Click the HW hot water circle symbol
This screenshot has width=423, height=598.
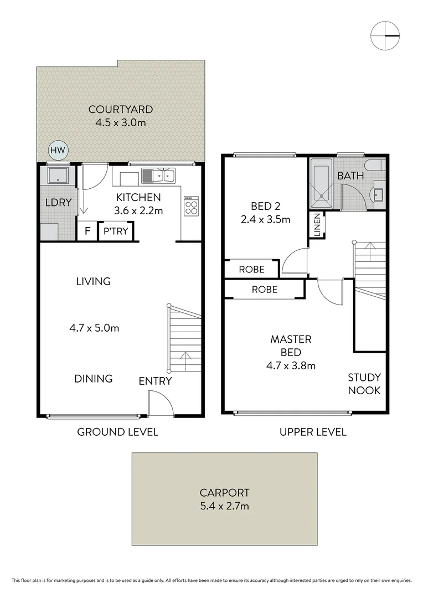pyautogui.click(x=56, y=150)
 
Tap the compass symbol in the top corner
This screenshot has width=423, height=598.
pyautogui.click(x=385, y=35)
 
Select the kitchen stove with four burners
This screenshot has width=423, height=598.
pyautogui.click(x=192, y=207)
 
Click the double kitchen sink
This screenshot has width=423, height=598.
pyautogui.click(x=158, y=176)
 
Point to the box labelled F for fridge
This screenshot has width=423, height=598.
pyautogui.click(x=87, y=231)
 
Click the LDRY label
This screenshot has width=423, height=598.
pyautogui.click(x=58, y=203)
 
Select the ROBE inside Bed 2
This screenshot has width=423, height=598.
pyautogui.click(x=251, y=270)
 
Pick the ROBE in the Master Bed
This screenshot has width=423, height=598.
pyautogui.click(x=264, y=289)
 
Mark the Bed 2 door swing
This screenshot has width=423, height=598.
pyautogui.click(x=295, y=261)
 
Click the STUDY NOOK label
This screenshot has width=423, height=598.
pyautogui.click(x=364, y=384)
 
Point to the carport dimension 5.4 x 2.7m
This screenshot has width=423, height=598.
pyautogui.click(x=224, y=506)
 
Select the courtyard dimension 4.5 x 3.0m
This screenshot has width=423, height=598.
pyautogui.click(x=118, y=122)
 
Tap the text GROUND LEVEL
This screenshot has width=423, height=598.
pyautogui.click(x=117, y=432)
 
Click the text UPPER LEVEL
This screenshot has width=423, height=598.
pyautogui.click(x=313, y=432)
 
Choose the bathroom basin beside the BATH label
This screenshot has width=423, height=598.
pyautogui.click(x=379, y=194)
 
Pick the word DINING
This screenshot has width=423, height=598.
pyautogui.click(x=94, y=379)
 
